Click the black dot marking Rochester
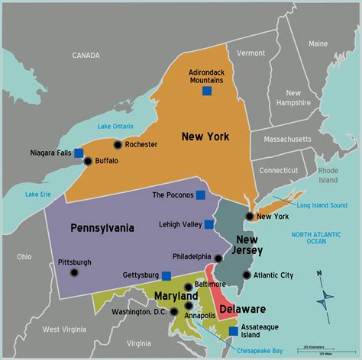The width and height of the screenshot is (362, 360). coord(118,144)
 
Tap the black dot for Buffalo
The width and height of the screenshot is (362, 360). coord(88,161)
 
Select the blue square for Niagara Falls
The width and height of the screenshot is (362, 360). coord(79,153)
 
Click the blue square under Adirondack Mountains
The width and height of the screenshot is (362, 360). coord(206,92)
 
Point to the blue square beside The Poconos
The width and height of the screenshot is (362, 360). coord(200,194)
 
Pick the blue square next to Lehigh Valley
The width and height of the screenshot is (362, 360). coord(208,224)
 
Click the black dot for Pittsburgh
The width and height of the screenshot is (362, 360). coord(74,272)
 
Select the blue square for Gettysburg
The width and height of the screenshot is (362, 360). coord(166,275)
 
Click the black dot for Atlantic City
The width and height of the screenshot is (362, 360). coord(246,275)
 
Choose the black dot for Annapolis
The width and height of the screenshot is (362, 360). coord(189,305)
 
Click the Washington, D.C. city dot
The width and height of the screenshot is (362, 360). coord(176,311)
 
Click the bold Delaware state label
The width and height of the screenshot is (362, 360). coord(242,309)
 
